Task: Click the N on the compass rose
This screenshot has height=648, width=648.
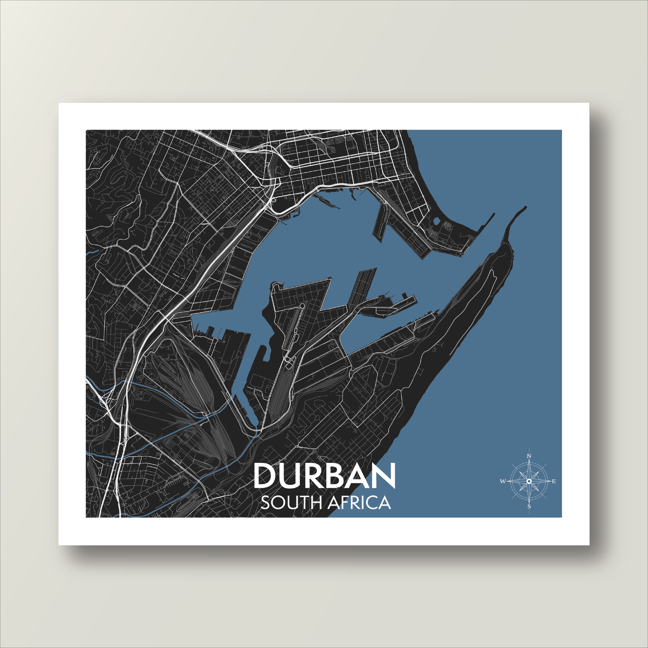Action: (529, 456)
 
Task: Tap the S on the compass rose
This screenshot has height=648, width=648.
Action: (529, 507)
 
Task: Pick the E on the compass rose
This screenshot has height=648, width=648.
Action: (554, 482)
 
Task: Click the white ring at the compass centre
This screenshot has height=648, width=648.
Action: (529, 481)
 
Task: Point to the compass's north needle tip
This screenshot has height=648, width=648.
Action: (529, 460)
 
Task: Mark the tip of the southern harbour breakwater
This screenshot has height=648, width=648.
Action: (526, 207)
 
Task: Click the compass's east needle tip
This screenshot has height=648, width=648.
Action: (551, 481)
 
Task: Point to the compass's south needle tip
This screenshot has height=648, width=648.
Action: (529, 503)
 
